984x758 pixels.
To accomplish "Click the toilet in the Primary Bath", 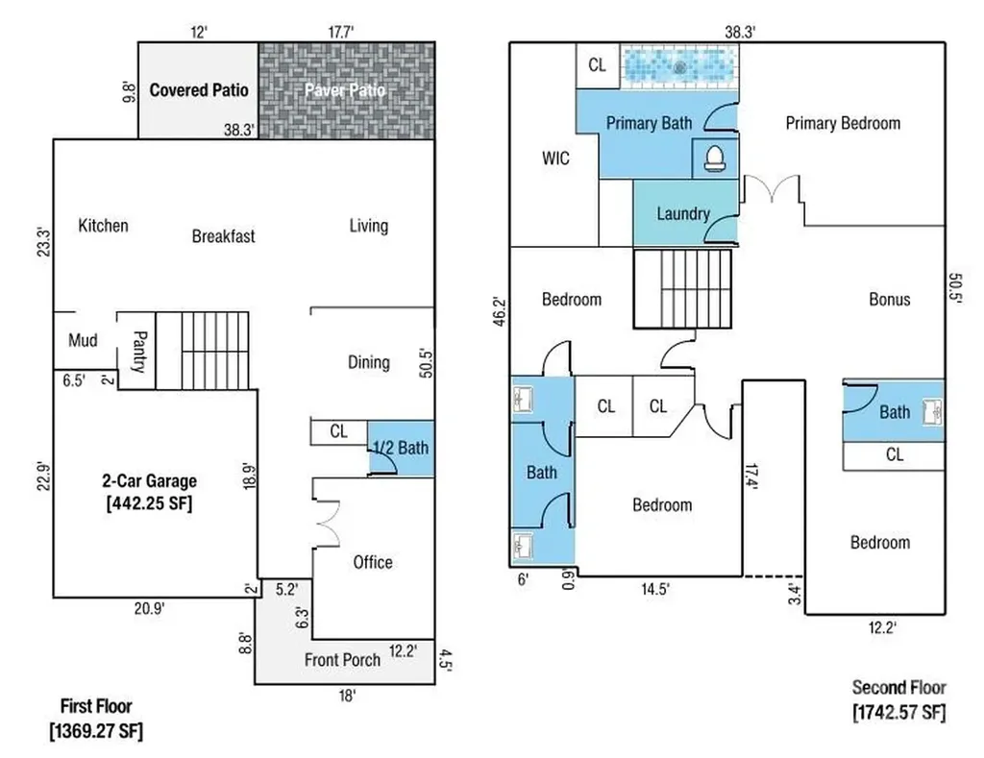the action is [x=714, y=159].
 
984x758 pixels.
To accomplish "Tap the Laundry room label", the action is [x=683, y=214].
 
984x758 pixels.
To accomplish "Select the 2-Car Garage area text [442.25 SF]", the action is [x=149, y=503].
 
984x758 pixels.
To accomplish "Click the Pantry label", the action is [x=140, y=352].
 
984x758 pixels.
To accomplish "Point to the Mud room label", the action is [x=83, y=341].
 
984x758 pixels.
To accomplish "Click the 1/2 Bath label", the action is [x=401, y=448].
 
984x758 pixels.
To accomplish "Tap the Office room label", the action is [x=373, y=562].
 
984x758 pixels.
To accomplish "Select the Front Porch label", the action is [x=342, y=660].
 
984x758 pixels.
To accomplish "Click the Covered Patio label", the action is [x=199, y=89].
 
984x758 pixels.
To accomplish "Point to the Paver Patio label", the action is [x=345, y=90].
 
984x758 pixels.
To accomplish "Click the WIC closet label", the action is [x=555, y=159].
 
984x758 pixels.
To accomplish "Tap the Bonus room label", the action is [x=889, y=300].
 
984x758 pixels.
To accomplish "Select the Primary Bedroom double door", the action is [x=772, y=189].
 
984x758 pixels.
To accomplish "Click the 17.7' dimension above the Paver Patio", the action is [x=341, y=32].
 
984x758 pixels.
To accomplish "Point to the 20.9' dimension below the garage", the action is [x=149, y=608].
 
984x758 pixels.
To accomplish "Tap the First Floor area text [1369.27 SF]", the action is [x=96, y=731].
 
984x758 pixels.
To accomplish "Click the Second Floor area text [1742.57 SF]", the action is [x=898, y=712].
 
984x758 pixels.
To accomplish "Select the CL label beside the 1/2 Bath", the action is [x=338, y=431].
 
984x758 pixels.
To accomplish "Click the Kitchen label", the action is [x=103, y=225].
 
